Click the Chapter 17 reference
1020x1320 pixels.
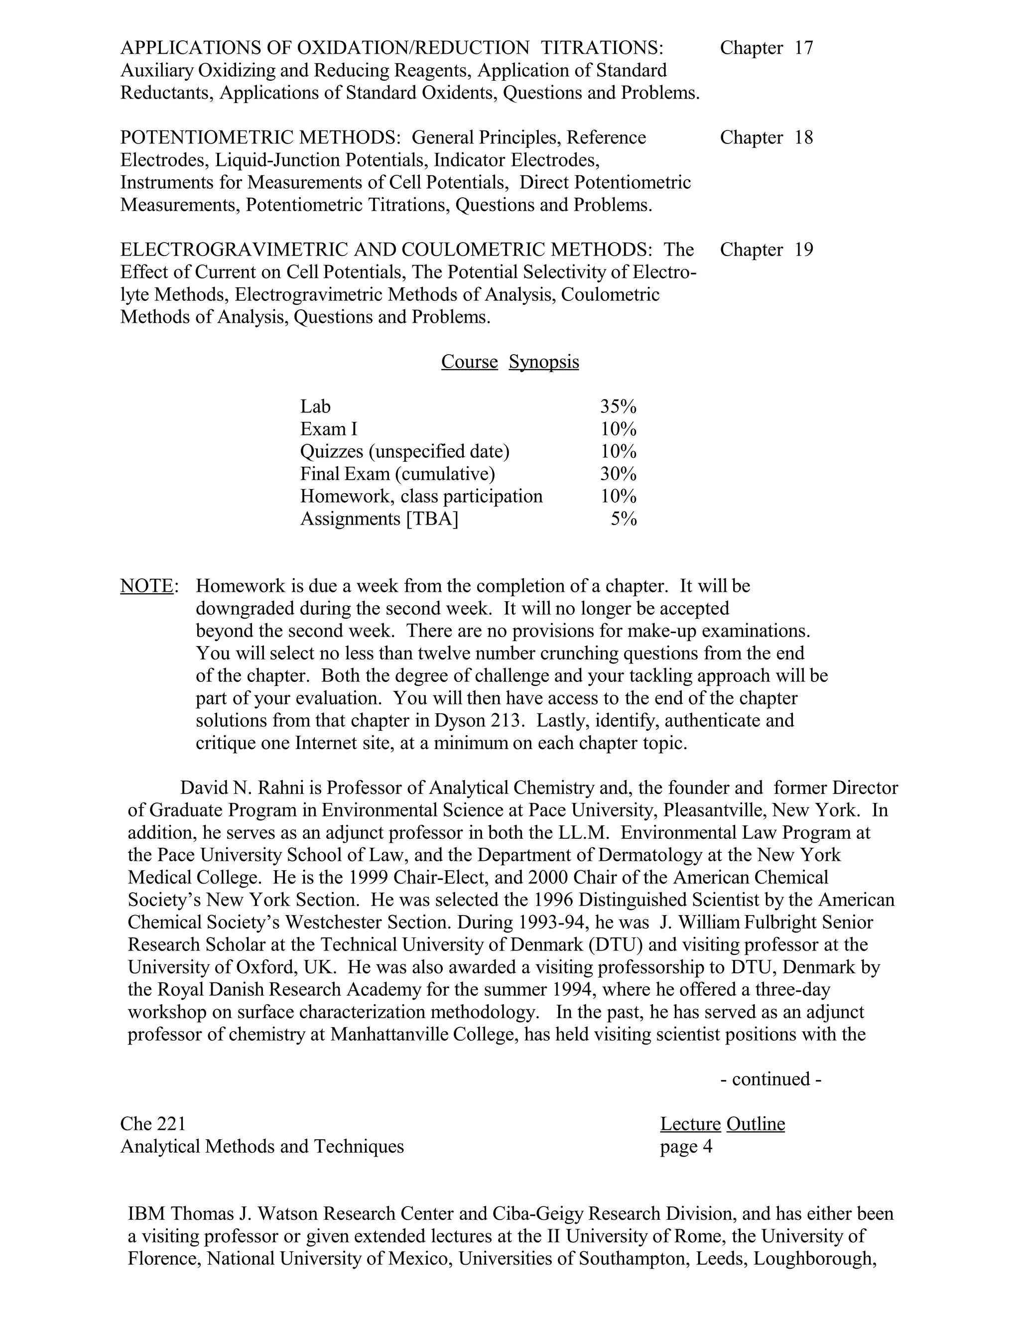coord(766,48)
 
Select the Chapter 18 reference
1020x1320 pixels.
coord(766,138)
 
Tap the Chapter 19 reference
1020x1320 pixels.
coord(766,250)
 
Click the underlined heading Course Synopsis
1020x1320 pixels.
coord(510,362)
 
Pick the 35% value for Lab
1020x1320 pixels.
coord(618,406)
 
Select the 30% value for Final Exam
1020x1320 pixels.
coord(618,473)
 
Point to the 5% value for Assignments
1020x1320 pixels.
coord(624,519)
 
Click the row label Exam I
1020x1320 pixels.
coord(329,429)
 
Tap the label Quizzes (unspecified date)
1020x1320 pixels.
coord(405,451)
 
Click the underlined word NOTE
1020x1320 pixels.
coord(147,586)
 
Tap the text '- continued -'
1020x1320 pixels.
coord(770,1079)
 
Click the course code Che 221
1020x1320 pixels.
coord(153,1124)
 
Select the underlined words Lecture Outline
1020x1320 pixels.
coord(722,1124)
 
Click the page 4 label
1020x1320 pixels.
coord(686,1147)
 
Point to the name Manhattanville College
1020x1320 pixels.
coord(424,1034)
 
